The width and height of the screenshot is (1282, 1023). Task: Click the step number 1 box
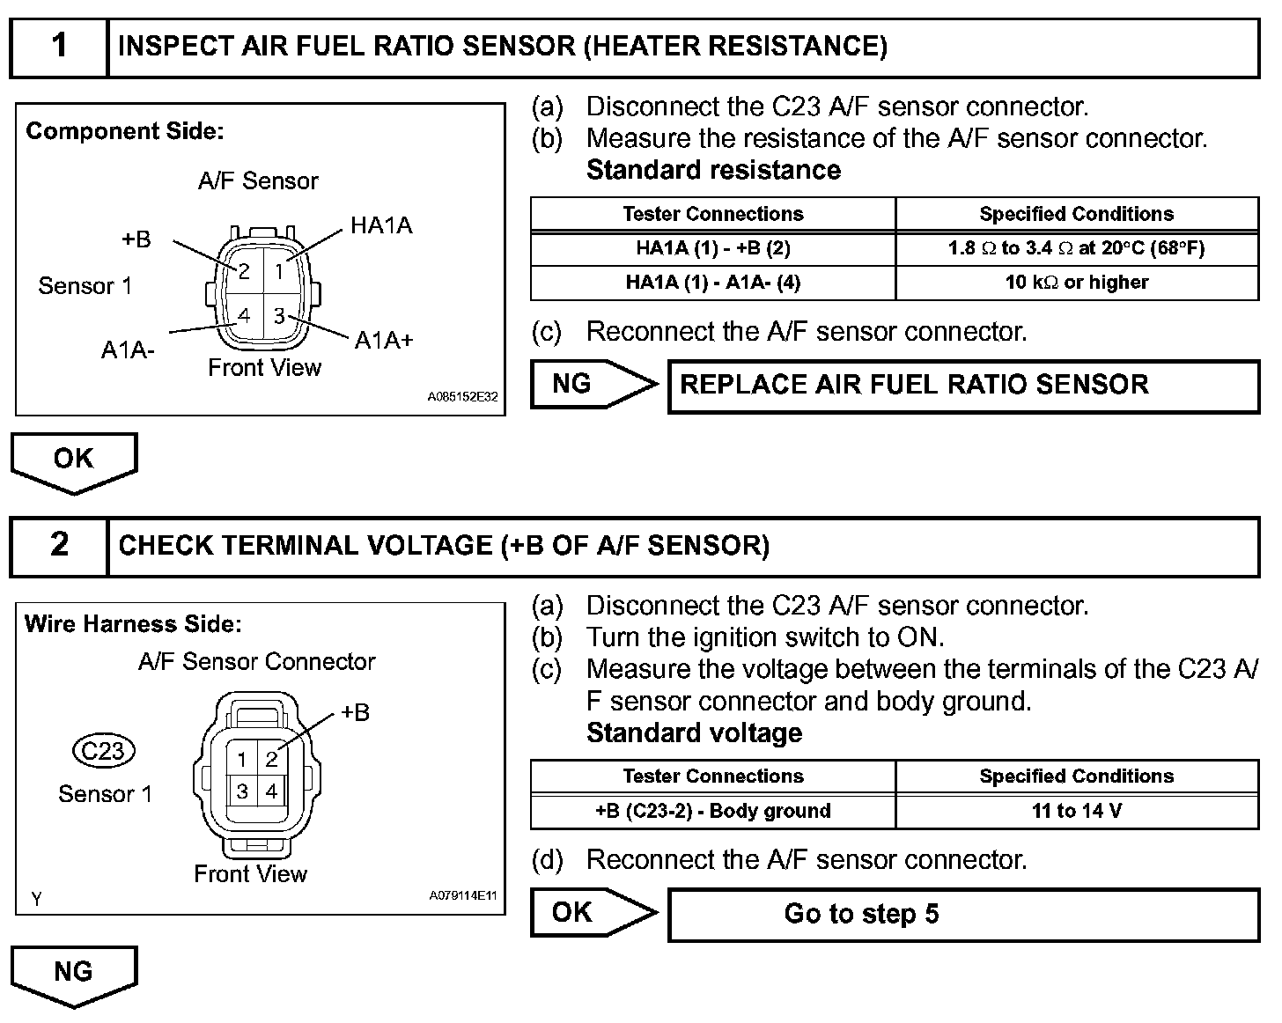point(58,47)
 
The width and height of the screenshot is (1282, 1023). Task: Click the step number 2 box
point(58,546)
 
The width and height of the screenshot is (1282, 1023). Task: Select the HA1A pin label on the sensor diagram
point(381,226)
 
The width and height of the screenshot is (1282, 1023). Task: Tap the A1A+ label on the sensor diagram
point(384,341)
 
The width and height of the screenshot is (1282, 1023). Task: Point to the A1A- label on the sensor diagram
point(129,350)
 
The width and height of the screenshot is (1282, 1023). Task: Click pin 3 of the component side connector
point(279,315)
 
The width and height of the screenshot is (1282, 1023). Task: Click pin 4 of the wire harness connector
point(271,791)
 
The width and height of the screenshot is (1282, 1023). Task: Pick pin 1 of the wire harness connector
point(242,759)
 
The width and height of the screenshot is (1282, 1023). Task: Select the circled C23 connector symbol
point(104,751)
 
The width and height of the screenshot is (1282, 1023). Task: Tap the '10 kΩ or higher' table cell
point(1076,283)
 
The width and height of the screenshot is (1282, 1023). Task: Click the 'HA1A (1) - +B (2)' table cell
point(712,248)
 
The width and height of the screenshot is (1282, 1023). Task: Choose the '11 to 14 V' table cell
point(1076,811)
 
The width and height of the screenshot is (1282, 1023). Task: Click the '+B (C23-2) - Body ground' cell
point(712,811)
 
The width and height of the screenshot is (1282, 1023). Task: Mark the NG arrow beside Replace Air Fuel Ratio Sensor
point(593,384)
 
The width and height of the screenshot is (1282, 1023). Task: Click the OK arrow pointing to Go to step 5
point(593,913)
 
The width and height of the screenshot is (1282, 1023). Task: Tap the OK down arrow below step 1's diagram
point(74,460)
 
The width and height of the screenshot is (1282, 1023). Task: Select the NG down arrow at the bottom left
point(74,974)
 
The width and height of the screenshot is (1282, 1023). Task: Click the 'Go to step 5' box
point(963,914)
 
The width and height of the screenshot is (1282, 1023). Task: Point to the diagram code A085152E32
point(462,397)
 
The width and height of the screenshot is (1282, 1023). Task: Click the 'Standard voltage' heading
point(694,733)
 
